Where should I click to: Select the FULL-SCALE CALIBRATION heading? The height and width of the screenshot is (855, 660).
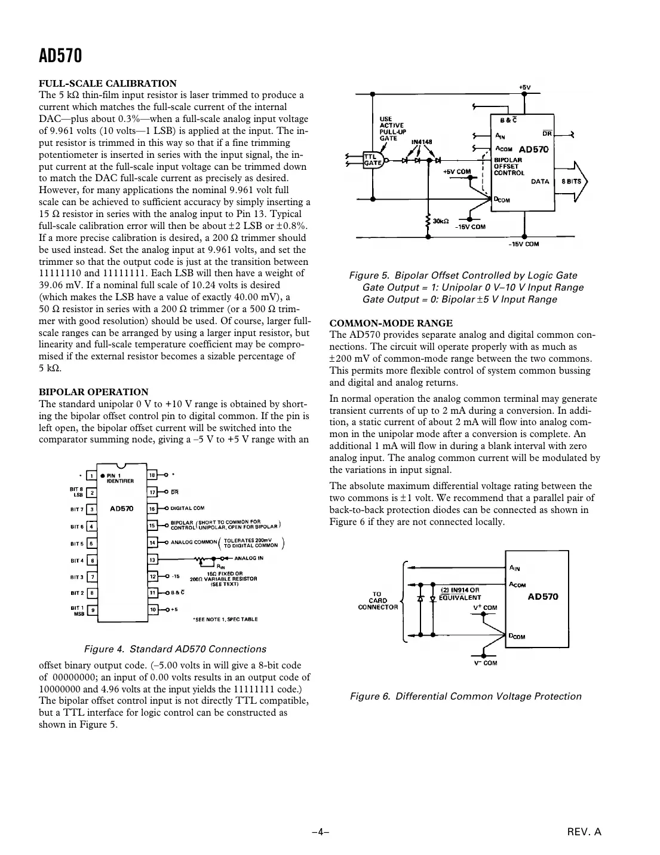(x=108, y=84)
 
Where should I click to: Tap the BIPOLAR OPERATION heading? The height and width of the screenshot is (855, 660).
(x=93, y=392)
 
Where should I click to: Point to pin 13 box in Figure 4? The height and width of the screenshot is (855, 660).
(x=153, y=560)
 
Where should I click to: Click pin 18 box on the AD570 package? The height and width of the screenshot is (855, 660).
(x=153, y=475)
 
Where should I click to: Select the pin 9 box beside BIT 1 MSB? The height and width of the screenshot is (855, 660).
(x=92, y=610)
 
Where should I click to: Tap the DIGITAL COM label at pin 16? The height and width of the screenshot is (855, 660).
(x=188, y=509)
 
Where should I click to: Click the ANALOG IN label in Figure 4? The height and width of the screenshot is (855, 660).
(x=248, y=558)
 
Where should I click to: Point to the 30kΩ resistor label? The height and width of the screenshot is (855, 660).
(x=441, y=221)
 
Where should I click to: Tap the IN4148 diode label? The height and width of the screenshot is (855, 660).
(x=422, y=142)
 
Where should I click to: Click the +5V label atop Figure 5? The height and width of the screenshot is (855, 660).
(x=524, y=87)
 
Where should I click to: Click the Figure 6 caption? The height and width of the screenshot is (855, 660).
(x=465, y=696)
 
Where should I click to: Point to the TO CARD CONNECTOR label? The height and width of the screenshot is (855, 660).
(x=377, y=601)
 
